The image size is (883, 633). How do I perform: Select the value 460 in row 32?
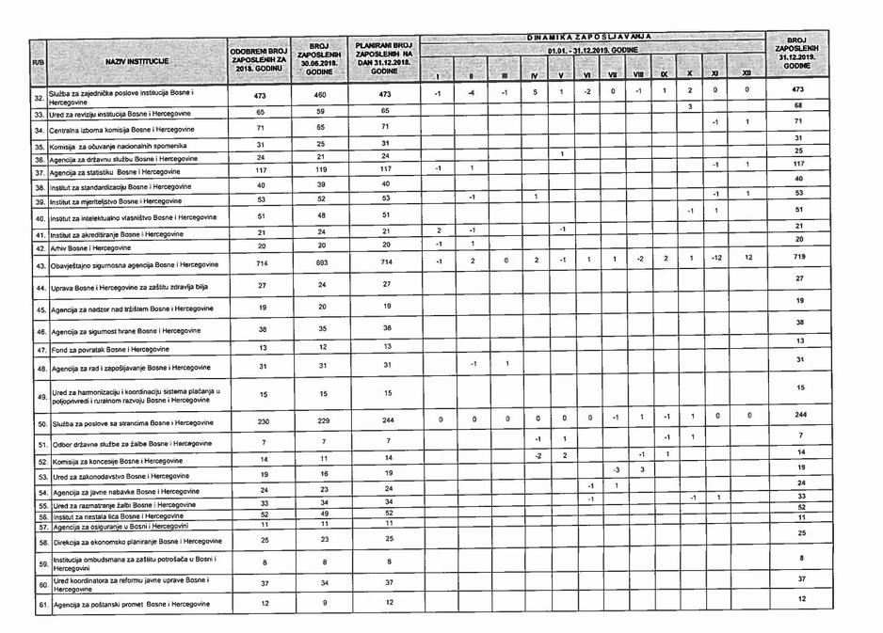pos(319,95)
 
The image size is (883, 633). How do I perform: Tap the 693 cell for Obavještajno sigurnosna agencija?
pos(319,263)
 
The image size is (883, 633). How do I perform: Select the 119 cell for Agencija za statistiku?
pos(319,171)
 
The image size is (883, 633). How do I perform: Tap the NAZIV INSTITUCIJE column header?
pos(131,62)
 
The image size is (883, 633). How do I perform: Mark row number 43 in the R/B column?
pos(41,265)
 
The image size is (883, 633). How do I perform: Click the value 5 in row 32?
pos(535,92)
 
